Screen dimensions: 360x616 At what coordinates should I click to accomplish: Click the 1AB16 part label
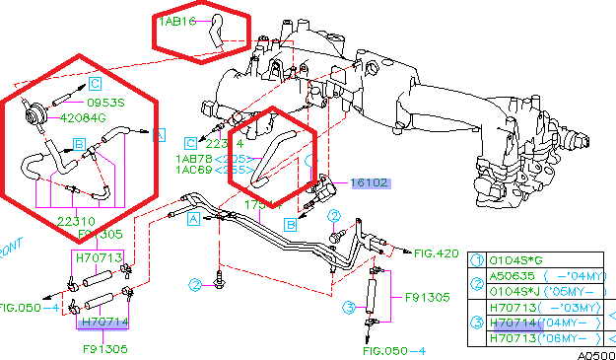coord(177,20)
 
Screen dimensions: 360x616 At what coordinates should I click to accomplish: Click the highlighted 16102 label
coord(371,183)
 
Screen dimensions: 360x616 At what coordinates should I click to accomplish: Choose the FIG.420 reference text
coord(437,253)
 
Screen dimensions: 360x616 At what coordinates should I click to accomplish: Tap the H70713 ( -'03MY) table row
coord(541,307)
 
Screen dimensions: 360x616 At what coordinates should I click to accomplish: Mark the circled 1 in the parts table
coord(477,260)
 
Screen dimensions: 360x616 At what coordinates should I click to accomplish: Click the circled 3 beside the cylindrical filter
coord(349,307)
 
